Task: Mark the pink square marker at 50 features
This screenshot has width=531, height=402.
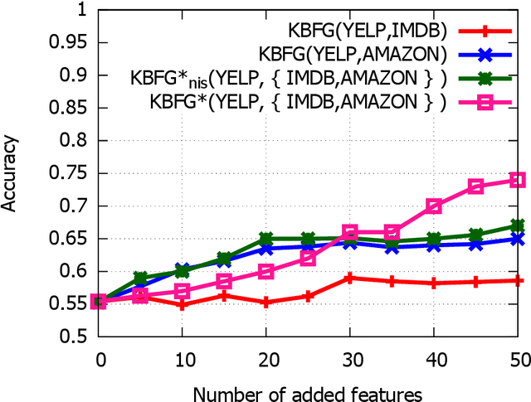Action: tap(517, 179)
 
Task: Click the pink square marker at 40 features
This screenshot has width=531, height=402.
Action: tap(433, 206)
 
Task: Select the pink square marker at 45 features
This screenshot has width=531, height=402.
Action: tap(475, 186)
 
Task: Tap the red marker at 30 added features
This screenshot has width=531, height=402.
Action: tap(350, 278)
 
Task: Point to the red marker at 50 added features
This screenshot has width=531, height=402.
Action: tap(517, 281)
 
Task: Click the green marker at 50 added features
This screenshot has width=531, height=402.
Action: tap(517, 225)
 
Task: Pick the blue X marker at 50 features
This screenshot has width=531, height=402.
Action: tap(517, 239)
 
